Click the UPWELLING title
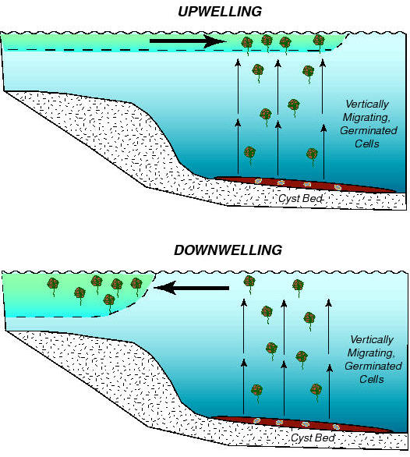[220, 12]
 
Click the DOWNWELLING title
[228, 250]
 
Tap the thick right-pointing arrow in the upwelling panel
[188, 41]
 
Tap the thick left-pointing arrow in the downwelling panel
[191, 288]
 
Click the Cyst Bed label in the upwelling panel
[300, 199]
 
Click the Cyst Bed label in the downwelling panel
[313, 438]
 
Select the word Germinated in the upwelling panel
[369, 130]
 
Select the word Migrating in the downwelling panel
[371, 353]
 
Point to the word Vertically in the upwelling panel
[367, 105]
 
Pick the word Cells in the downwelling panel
[371, 379]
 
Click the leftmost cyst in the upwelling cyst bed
[258, 181]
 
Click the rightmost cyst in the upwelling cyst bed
[338, 187]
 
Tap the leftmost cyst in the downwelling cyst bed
[256, 420]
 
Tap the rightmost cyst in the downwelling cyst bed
[336, 427]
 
